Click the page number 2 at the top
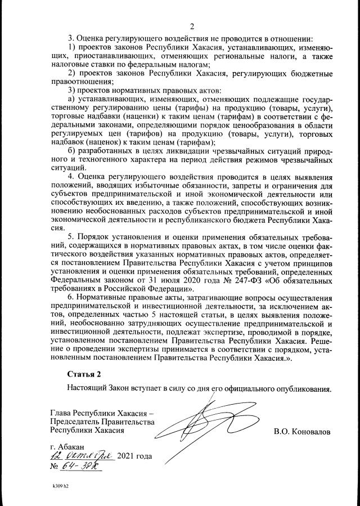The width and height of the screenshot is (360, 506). [192, 26]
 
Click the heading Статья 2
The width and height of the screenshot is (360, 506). [86, 374]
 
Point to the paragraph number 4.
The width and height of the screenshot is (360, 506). [71, 176]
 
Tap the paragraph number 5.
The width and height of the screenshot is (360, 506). [71, 237]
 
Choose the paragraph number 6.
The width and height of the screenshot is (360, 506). [71, 297]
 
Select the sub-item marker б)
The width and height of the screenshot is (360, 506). [71, 151]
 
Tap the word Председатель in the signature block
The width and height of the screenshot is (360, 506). [77, 422]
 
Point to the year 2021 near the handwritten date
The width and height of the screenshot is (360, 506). [127, 456]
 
